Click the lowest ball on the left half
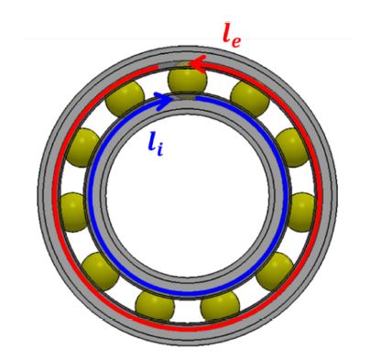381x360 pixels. [x=151, y=304]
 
